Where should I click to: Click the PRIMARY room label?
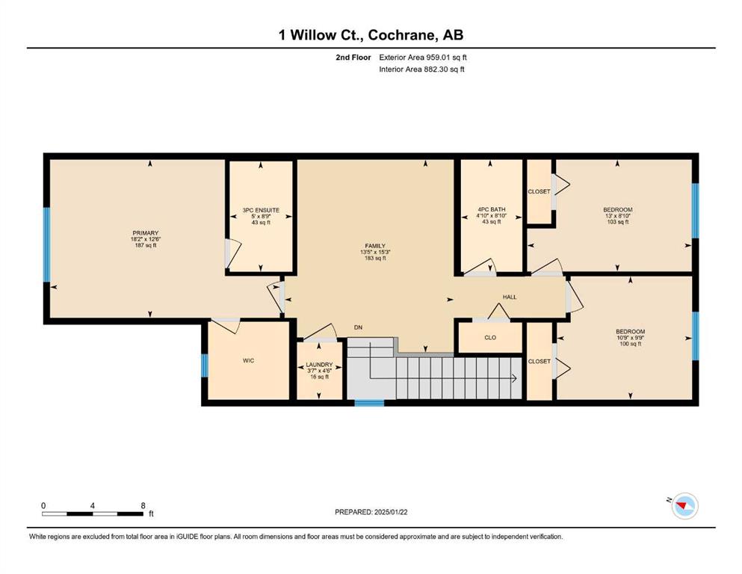145,233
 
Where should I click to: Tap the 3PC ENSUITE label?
261,210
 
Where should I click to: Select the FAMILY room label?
375,246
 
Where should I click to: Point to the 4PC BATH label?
491,209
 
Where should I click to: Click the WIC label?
248,360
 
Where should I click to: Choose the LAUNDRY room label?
319,365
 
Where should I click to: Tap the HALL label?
510,297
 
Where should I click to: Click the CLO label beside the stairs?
490,337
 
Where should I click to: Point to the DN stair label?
358,327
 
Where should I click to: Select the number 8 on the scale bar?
143,505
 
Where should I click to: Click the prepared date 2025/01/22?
391,512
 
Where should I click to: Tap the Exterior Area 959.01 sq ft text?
423,58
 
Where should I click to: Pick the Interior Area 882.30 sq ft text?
421,69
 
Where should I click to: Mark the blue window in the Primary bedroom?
47,244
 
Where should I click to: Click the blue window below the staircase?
369,403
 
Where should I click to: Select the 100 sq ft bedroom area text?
631,344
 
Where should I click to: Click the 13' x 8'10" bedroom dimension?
618,216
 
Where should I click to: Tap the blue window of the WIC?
205,365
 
